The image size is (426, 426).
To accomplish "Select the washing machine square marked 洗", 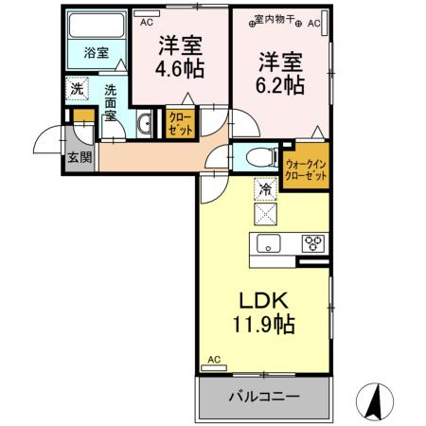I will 78,89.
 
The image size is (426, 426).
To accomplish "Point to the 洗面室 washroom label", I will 111,102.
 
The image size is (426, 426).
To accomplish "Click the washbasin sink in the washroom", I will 145,124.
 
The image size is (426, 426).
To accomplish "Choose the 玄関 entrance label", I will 80,157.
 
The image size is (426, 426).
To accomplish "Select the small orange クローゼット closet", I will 179,124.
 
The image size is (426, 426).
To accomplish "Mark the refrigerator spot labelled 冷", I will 265,189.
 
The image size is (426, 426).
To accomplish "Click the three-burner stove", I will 311,243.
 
